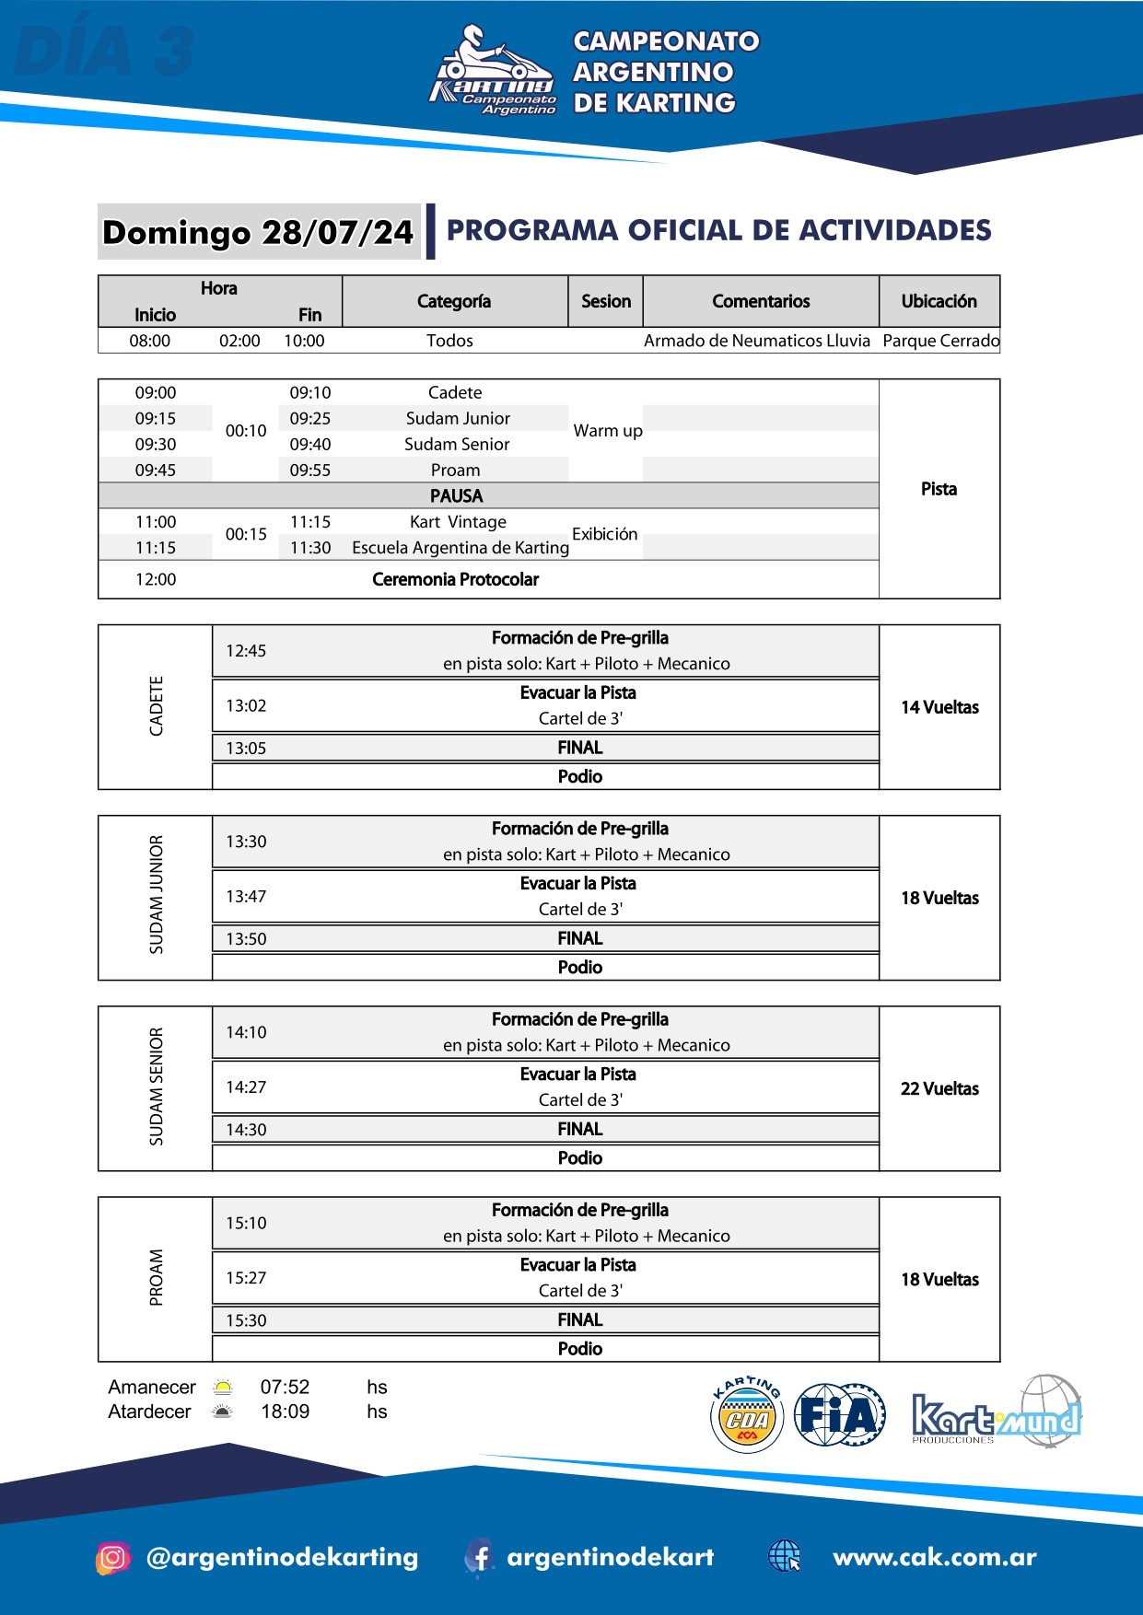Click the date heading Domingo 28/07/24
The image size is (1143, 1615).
click(258, 232)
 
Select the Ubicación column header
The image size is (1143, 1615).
click(939, 301)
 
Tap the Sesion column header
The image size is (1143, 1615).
click(606, 301)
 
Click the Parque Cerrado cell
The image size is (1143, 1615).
click(940, 341)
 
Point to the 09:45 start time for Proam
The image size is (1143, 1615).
click(156, 470)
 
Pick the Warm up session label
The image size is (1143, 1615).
click(607, 431)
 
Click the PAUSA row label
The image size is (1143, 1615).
click(456, 495)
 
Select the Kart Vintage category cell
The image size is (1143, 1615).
click(458, 522)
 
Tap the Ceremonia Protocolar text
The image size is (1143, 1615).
click(455, 579)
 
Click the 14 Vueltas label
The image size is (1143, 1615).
click(939, 707)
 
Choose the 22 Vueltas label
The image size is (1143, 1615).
click(939, 1088)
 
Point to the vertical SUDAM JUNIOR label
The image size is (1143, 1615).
click(157, 894)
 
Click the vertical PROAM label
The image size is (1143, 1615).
click(157, 1277)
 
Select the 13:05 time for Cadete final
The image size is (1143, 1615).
click(246, 749)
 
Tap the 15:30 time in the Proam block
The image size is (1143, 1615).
click(246, 1320)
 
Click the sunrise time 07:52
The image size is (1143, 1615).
click(285, 1387)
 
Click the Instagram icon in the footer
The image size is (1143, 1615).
click(112, 1557)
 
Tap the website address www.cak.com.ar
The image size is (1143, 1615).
click(934, 1557)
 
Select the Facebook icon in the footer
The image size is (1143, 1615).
click(478, 1557)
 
